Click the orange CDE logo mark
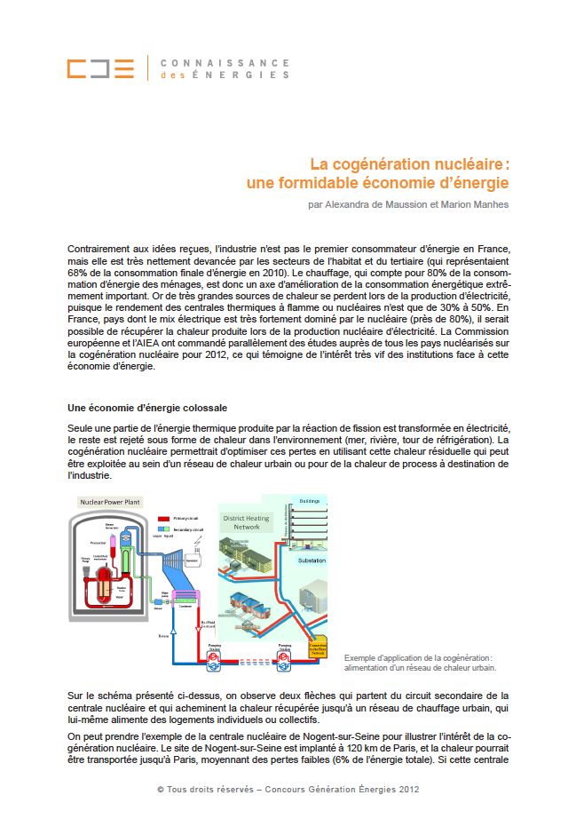tap(100, 68)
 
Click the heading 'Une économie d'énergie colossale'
tap(146, 408)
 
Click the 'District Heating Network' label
tap(247, 521)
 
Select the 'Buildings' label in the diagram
tap(309, 500)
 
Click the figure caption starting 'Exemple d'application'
tap(418, 663)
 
